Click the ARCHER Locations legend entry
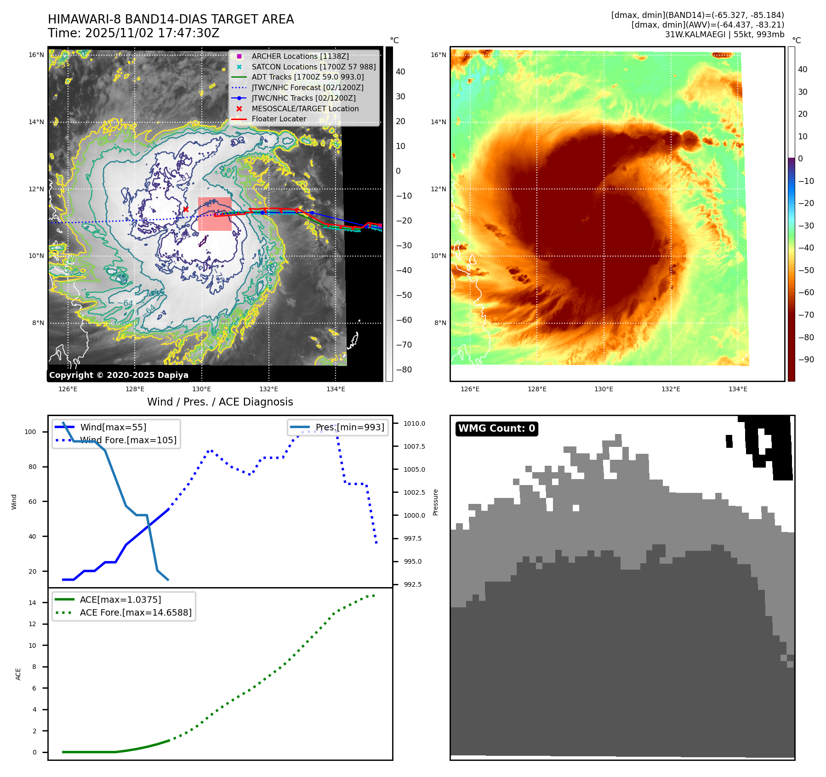tap(300, 56)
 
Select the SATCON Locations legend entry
tap(313, 67)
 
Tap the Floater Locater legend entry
tap(279, 119)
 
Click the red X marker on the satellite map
tap(186, 210)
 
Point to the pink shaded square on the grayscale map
tap(215, 214)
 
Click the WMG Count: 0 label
tap(496, 428)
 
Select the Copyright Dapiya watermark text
tap(119, 375)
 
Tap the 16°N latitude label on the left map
tap(36, 55)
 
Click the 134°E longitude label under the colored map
tap(738, 389)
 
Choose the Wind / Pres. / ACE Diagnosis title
tap(220, 402)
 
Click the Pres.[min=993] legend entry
tap(349, 427)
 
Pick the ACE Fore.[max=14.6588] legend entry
tap(136, 612)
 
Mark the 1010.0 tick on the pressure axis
tap(414, 423)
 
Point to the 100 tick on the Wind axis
tap(30, 432)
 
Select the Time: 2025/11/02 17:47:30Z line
tap(133, 33)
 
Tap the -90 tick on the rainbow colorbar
tap(806, 360)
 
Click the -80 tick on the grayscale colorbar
tap(404, 370)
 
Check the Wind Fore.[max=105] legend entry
tap(128, 440)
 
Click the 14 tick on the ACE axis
tap(32, 603)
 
